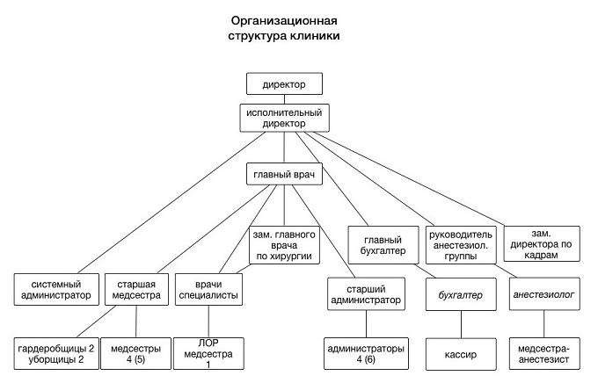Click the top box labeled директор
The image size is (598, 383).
pyautogui.click(x=284, y=83)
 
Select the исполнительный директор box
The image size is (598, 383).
pyautogui.click(x=284, y=118)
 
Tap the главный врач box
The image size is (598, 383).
pyautogui.click(x=284, y=174)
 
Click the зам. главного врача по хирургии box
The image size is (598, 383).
pyautogui.click(x=284, y=245)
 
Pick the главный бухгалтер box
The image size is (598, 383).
pyautogui.click(x=383, y=245)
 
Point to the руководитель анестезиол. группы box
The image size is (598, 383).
pyautogui.click(x=461, y=245)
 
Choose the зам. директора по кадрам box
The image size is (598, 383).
pyautogui.click(x=542, y=244)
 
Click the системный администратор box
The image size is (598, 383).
pyautogui.click(x=56, y=289)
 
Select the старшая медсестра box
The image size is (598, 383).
pyautogui.click(x=136, y=289)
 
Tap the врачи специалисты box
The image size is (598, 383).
pyautogui.click(x=208, y=289)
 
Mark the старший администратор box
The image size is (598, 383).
pyautogui.click(x=366, y=293)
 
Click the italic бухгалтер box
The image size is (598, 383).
pyautogui.click(x=461, y=293)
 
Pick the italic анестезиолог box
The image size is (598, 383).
pyautogui.click(x=544, y=293)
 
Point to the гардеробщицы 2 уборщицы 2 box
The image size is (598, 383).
pyautogui.click(x=56, y=353)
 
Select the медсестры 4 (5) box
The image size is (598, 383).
pyautogui.click(x=135, y=353)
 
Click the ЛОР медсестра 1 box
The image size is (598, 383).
pyautogui.click(x=208, y=353)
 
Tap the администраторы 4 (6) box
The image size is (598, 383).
pyautogui.click(x=366, y=353)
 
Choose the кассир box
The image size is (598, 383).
pyautogui.click(x=461, y=354)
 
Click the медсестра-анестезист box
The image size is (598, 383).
pyautogui.click(x=544, y=353)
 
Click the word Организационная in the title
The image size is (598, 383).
pyautogui.click(x=284, y=20)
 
